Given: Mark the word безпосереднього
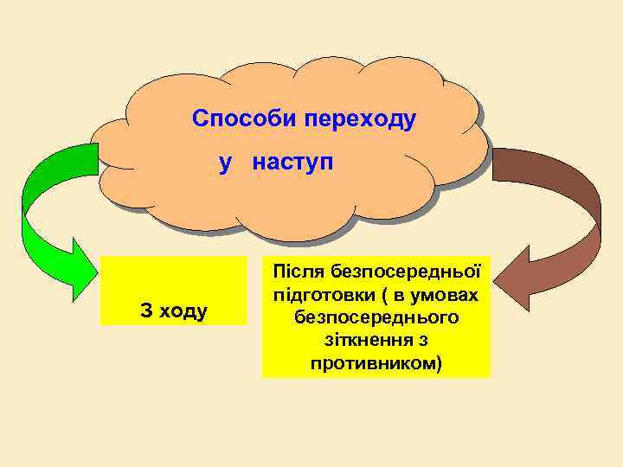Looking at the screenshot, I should (x=376, y=317).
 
